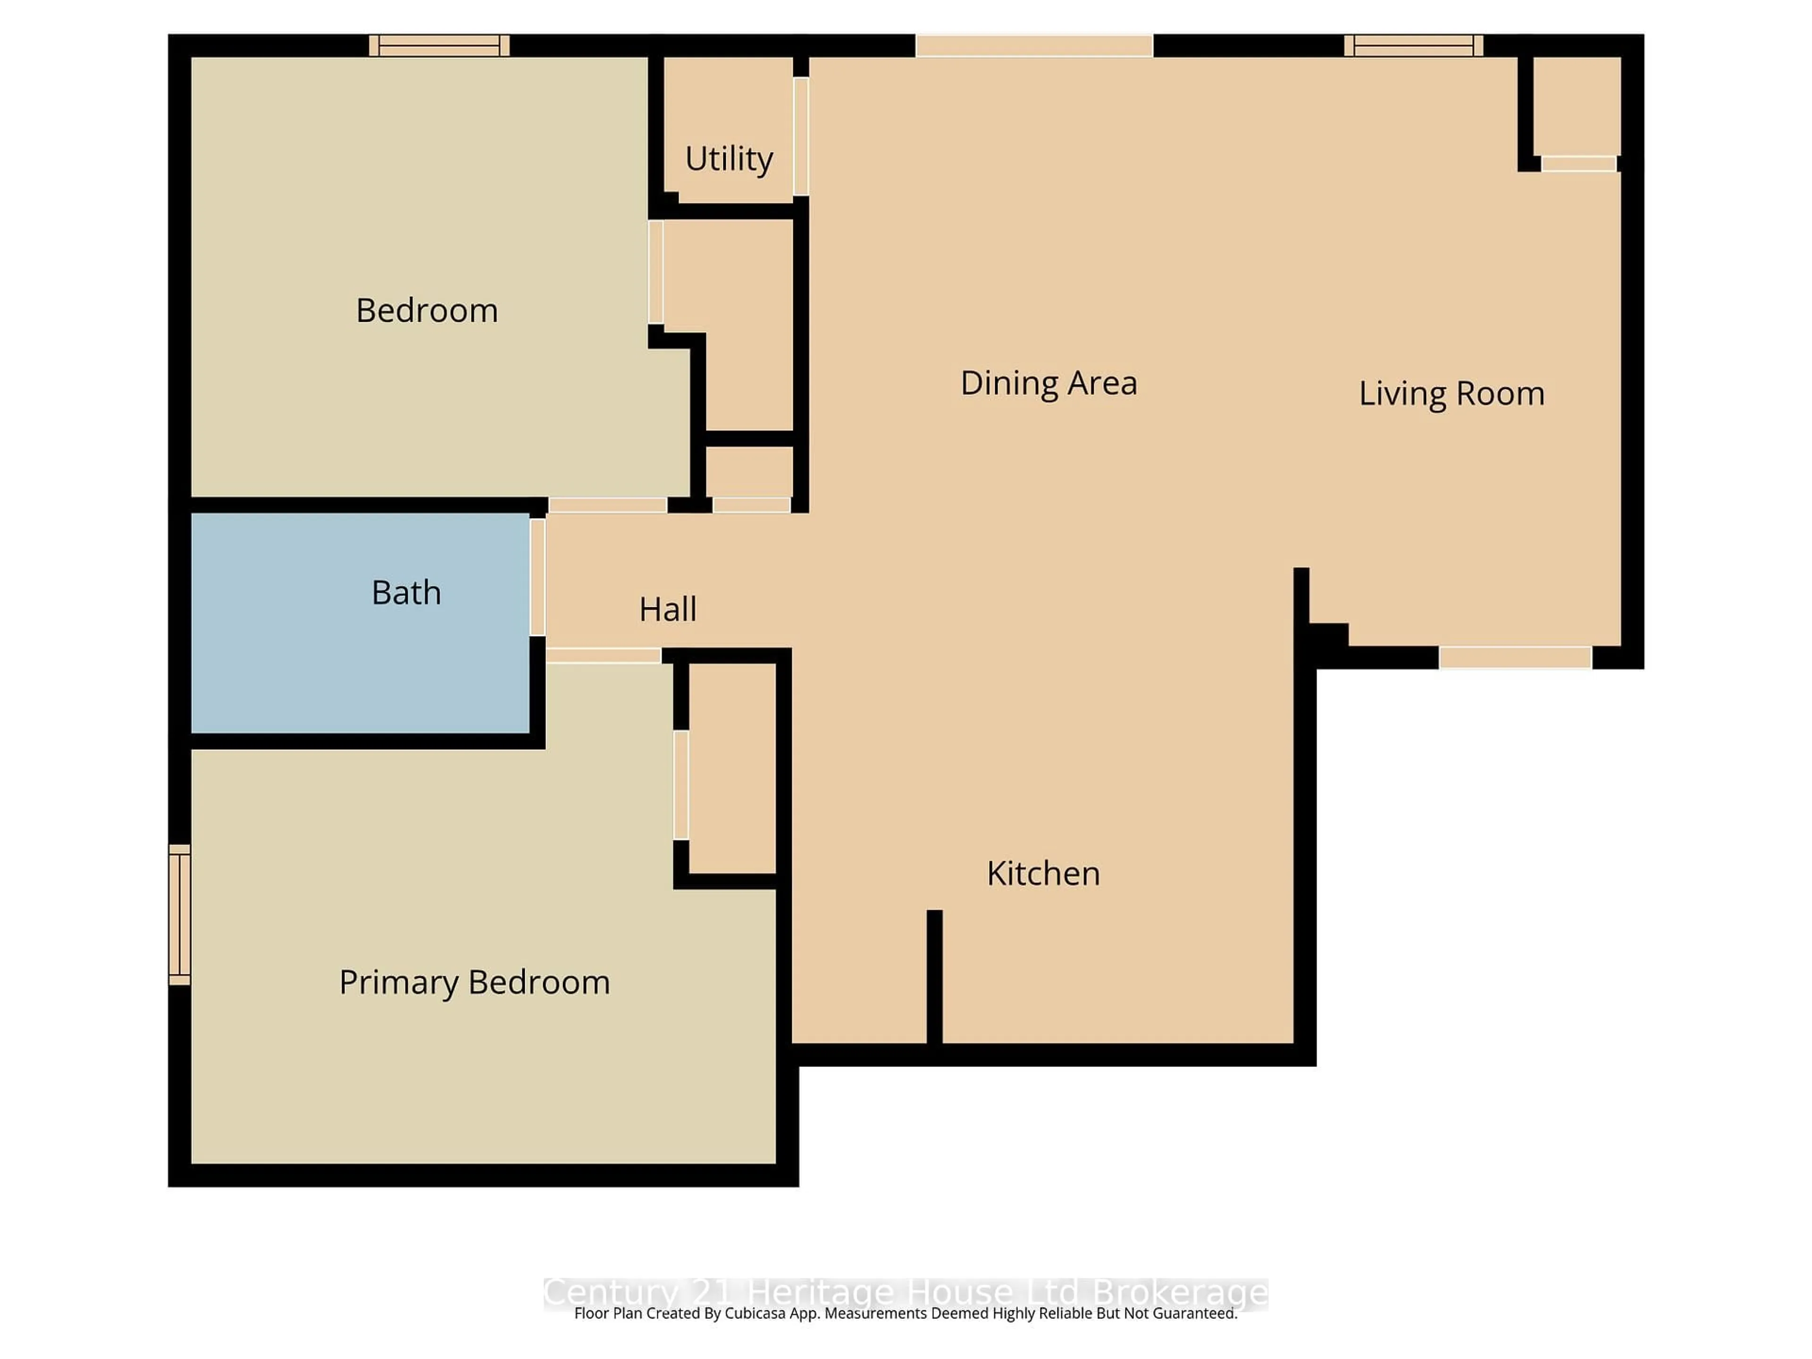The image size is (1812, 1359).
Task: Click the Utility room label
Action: click(x=728, y=159)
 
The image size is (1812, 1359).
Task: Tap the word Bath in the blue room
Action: click(x=406, y=592)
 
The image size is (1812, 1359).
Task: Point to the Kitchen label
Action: click(x=1043, y=874)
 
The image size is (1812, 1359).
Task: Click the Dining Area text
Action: click(x=1049, y=383)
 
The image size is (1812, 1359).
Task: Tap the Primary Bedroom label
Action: click(x=474, y=982)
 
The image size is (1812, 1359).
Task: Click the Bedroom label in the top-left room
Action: click(x=427, y=310)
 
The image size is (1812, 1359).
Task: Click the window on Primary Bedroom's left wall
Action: click(x=179, y=914)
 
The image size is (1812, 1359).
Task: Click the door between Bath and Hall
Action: click(x=537, y=577)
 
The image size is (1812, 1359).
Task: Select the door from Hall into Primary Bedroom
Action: click(x=603, y=655)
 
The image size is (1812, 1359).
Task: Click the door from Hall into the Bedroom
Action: click(x=607, y=505)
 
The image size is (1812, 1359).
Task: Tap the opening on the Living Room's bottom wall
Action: click(x=1515, y=657)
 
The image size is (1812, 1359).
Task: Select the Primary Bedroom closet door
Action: click(x=681, y=785)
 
